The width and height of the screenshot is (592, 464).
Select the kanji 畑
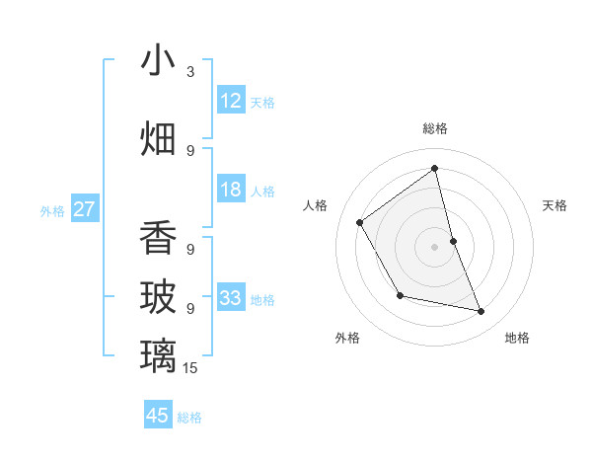point(158,137)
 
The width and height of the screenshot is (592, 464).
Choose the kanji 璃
point(158,355)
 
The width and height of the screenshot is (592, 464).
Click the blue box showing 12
point(231,101)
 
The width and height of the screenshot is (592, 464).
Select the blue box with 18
point(231,190)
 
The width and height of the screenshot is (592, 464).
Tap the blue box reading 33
point(231,298)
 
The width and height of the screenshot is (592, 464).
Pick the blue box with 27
point(85,209)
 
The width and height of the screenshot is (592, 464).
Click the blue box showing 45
point(158,416)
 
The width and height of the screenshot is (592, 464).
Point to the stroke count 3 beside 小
point(190,72)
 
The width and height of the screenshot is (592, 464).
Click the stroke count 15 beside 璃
point(190,368)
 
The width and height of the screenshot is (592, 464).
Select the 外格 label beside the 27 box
point(52,210)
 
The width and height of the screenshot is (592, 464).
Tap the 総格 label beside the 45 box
point(189,418)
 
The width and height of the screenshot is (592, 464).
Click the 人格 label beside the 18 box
point(262,191)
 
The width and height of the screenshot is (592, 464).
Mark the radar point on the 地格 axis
point(481,312)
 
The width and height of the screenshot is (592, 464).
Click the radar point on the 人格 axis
point(360,222)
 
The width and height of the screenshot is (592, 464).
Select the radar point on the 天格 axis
point(453,240)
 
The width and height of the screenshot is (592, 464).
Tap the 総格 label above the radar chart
point(435,128)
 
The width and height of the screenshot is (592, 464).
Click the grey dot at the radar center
point(434,246)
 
